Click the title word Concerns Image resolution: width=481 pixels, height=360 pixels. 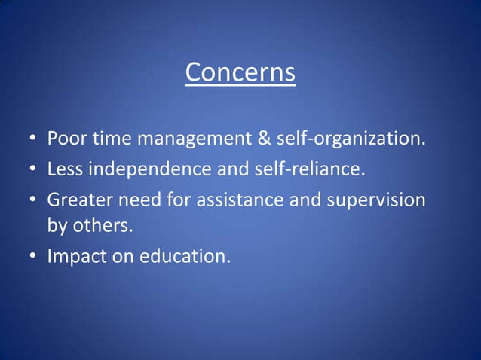click(240, 74)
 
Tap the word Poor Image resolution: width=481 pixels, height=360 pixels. click(66, 140)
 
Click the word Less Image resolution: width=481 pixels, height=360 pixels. click(65, 169)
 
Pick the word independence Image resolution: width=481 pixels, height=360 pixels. click(150, 169)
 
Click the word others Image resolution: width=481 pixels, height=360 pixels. click(94, 227)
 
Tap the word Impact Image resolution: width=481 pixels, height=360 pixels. click(72, 257)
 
